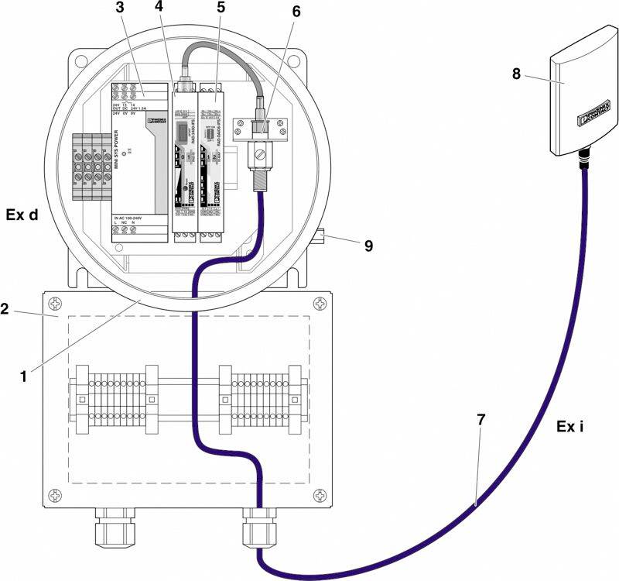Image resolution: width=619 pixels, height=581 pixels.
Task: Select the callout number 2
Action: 5,309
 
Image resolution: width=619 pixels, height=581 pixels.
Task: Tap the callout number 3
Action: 119,9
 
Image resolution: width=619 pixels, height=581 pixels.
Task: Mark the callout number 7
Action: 480,420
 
